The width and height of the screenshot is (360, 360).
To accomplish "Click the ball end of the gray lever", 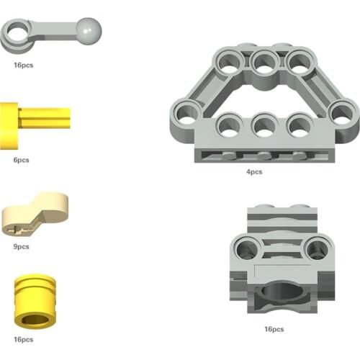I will pyautogui.click(x=90, y=30).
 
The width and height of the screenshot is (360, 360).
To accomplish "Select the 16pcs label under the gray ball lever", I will pyautogui.click(x=23, y=65).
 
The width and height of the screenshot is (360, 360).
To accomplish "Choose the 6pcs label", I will pyautogui.click(x=21, y=160).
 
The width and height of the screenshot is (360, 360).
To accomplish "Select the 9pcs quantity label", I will pyautogui.click(x=21, y=246).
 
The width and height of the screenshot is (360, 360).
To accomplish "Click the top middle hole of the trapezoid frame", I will pyautogui.click(x=264, y=63).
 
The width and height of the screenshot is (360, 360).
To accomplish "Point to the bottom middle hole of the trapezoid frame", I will pyautogui.click(x=264, y=127).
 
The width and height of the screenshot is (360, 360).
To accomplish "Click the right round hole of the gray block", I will pyautogui.click(x=316, y=250).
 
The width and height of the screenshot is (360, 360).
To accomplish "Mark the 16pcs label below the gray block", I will pyautogui.click(x=274, y=330).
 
